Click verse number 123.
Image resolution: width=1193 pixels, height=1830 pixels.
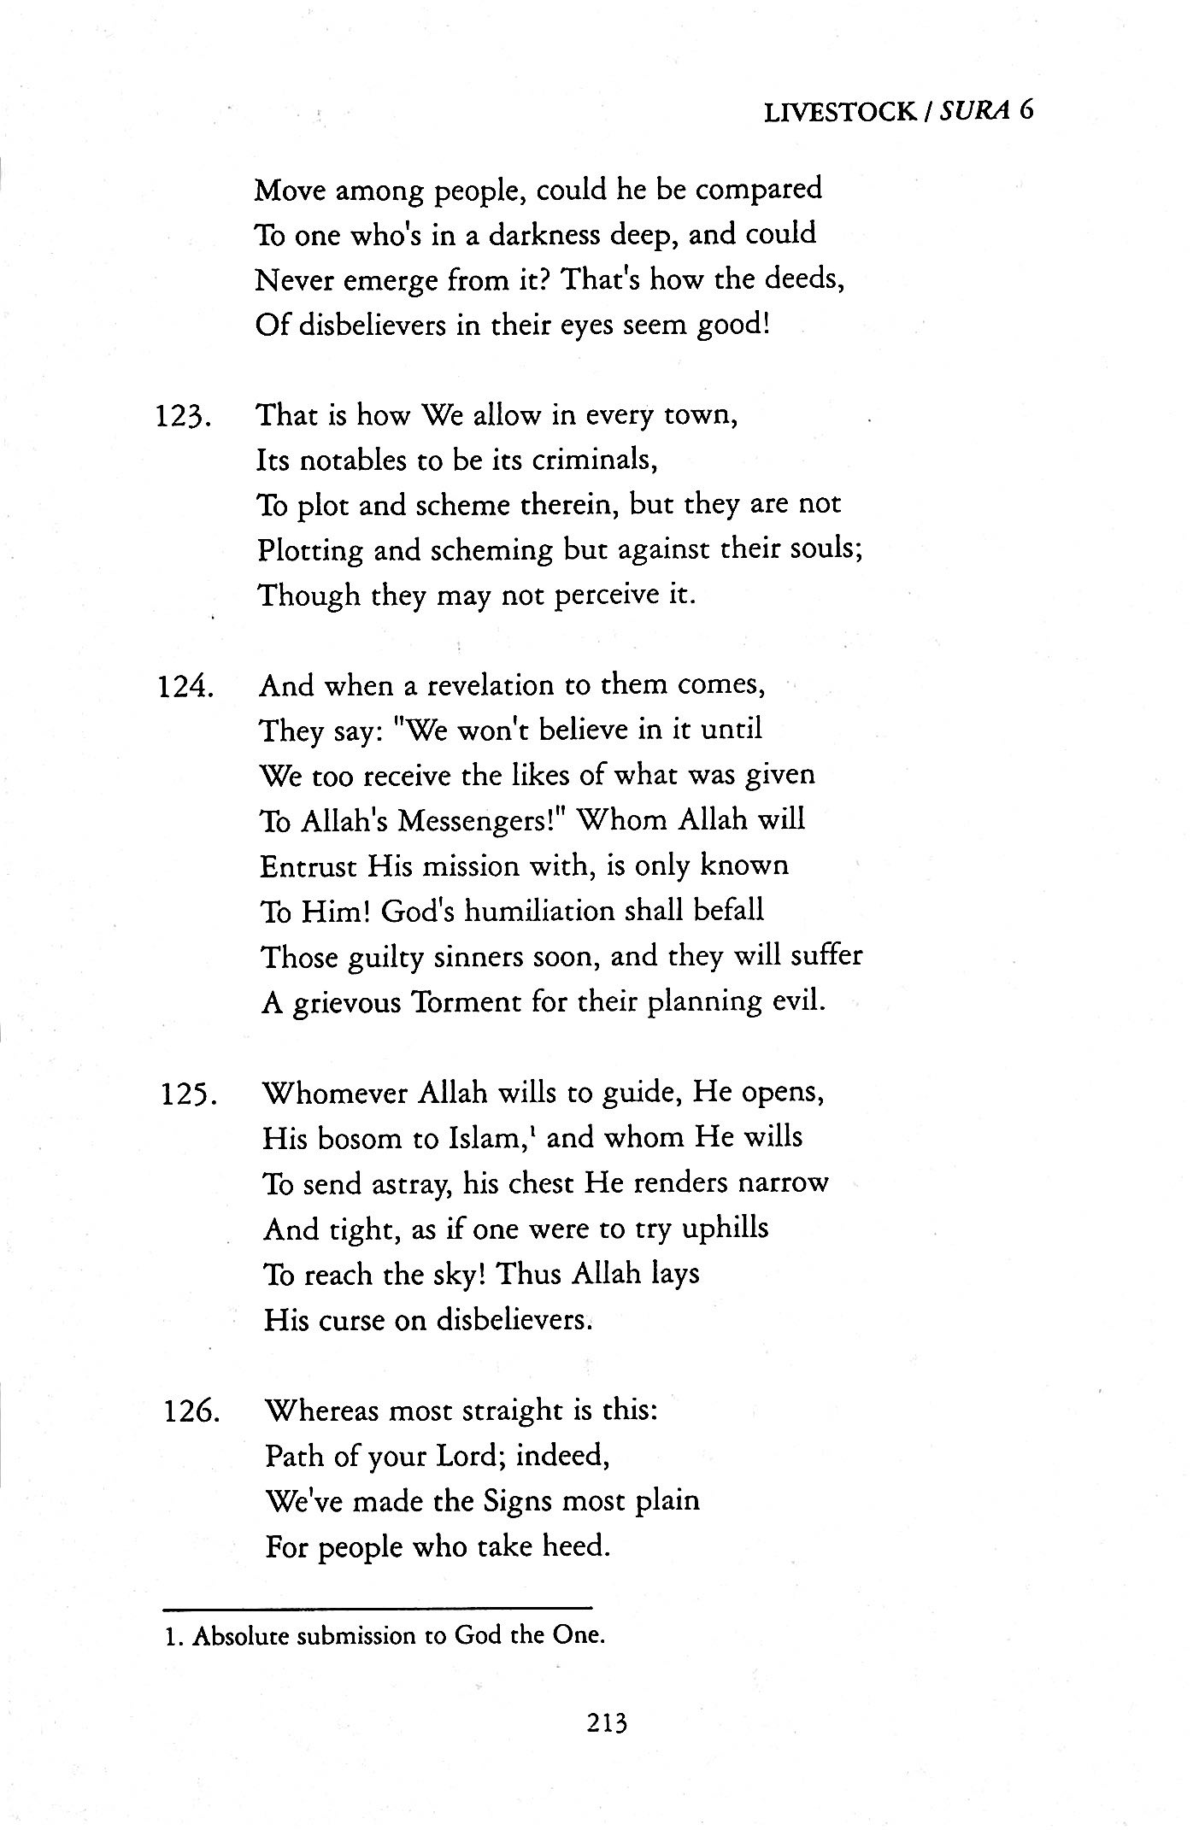pyautogui.click(x=184, y=417)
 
